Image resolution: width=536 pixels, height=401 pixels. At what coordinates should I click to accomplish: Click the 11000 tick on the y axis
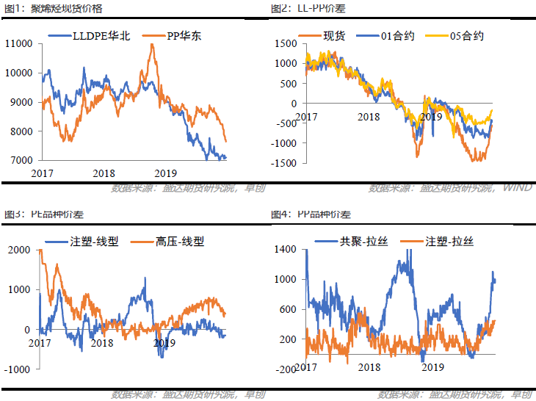pos(18,44)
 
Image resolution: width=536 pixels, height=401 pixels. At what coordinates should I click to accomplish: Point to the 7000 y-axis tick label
pos(21,160)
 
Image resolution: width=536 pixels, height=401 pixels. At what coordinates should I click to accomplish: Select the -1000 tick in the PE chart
pos(17,369)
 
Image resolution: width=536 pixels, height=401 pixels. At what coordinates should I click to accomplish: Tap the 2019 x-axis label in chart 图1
pos(165,173)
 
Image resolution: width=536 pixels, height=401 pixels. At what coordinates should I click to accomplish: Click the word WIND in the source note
pos(517,189)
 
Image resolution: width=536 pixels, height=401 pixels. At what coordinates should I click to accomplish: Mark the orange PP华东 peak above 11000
pos(152,45)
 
